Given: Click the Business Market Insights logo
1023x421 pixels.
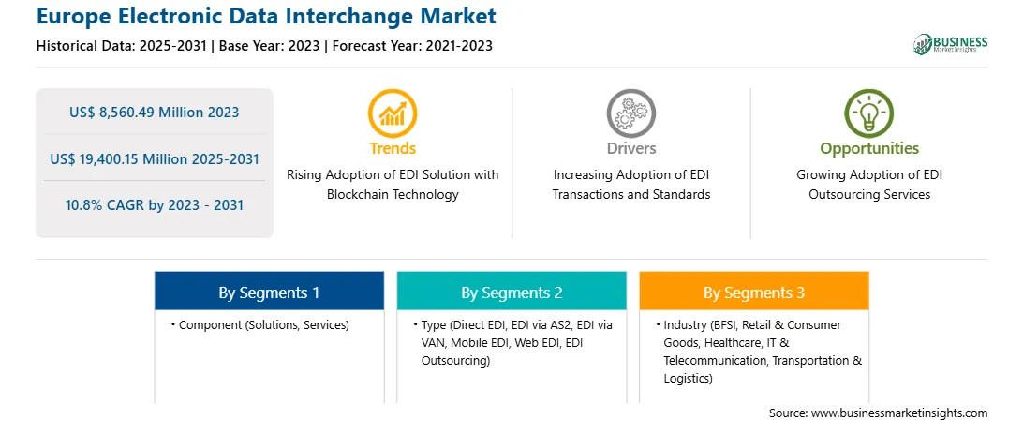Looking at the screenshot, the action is [950, 44].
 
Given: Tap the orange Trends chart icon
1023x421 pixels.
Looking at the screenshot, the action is [393, 113].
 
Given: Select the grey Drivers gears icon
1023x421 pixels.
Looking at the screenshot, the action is [630, 113].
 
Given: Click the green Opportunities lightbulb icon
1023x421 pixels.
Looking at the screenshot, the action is [869, 113].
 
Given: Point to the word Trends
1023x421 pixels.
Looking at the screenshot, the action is [393, 148].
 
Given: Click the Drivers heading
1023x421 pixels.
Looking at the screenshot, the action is [631, 148].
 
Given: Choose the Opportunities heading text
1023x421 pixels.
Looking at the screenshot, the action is [869, 149].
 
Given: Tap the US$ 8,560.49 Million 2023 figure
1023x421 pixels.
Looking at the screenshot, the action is [154, 113].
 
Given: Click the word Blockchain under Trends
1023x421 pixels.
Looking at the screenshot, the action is [358, 194].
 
